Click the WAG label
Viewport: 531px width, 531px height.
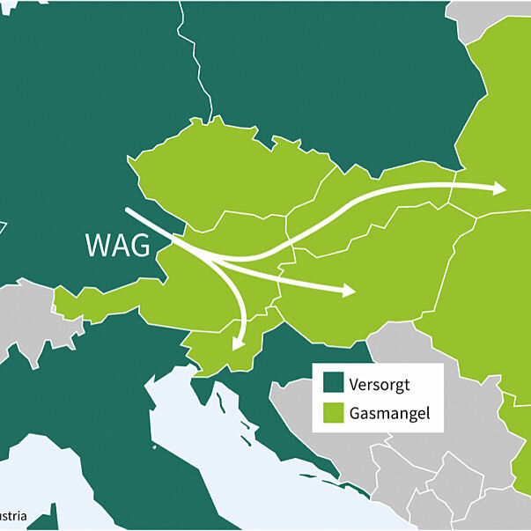117,246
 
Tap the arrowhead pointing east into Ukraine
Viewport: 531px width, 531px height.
499,188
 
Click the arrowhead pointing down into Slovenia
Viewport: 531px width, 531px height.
236,342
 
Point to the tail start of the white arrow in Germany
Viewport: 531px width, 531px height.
129,211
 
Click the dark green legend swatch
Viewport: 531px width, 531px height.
333,385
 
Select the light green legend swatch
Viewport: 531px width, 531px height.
333,411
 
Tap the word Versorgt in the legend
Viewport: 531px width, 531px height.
380,385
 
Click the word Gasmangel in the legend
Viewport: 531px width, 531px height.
389,411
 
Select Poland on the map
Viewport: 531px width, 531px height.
335,88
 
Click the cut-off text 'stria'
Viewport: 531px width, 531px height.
12,515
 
